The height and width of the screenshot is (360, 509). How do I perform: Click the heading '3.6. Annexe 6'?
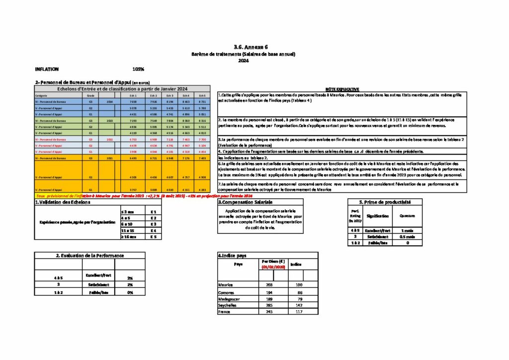(x=243, y=47)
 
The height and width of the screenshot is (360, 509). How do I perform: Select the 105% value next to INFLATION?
(x=138, y=69)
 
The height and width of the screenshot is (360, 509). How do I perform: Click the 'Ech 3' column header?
(x=170, y=95)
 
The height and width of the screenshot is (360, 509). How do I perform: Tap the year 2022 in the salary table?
(x=109, y=139)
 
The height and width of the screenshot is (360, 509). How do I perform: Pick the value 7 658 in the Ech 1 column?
(x=133, y=101)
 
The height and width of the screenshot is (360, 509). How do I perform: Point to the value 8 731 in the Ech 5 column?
(x=201, y=101)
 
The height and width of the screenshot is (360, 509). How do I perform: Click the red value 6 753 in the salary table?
(x=133, y=139)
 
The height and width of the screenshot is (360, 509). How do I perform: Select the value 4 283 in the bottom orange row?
(x=201, y=189)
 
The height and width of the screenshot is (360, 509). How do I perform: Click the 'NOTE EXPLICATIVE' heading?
(x=339, y=89)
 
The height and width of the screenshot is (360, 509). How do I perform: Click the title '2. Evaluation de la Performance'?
(x=89, y=255)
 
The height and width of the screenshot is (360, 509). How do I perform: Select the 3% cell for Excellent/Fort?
(x=130, y=278)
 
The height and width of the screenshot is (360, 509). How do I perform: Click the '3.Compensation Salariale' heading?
(x=245, y=202)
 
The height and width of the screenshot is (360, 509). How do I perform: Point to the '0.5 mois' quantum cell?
(x=407, y=236)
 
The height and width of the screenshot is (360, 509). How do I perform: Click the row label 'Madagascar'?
(x=229, y=299)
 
